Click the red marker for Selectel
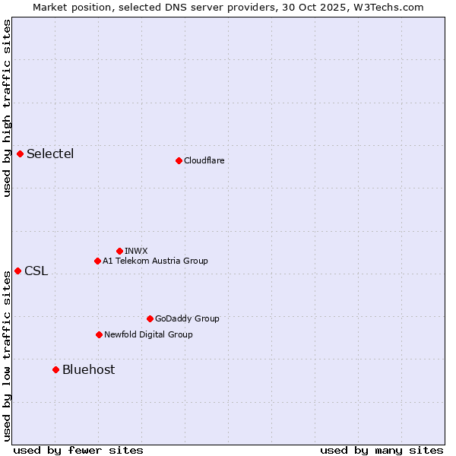coord(20,154)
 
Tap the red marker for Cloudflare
coord(179,160)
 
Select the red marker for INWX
coord(119,251)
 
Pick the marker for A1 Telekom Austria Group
coord(97,261)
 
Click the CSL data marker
coord(17,271)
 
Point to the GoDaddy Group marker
coord(150,318)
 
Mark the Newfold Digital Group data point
coord(99,334)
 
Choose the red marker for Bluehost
coord(55,369)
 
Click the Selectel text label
coord(50,154)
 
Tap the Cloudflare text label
coord(204,160)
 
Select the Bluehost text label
coord(88,369)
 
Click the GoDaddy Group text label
coord(186,318)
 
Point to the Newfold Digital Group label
coord(148,334)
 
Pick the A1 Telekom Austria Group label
coord(155,261)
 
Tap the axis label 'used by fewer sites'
coord(78,450)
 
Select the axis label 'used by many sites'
coord(382,450)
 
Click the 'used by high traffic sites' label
coord(7,108)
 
